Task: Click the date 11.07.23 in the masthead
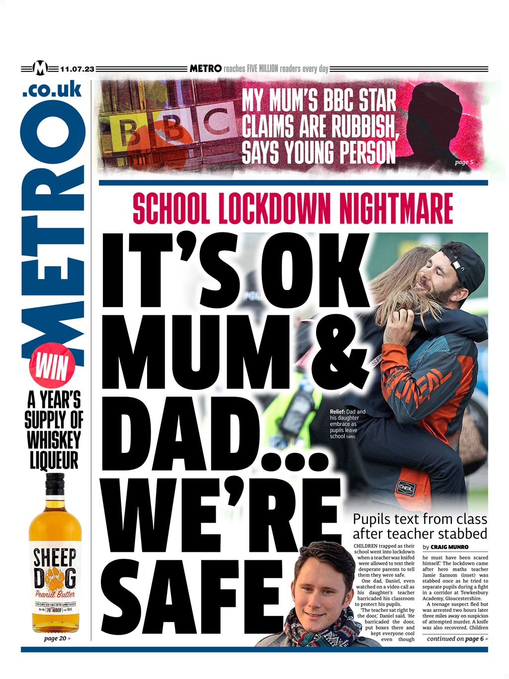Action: point(77,69)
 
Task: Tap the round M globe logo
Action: point(40,68)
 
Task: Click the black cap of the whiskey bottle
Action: point(55,485)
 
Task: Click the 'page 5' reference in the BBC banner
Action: point(465,162)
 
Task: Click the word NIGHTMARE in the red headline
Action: point(396,209)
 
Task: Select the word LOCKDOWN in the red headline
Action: point(274,209)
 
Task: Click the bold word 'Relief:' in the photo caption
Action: point(337,412)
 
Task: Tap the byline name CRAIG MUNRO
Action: point(449,547)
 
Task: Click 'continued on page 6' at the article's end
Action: point(456,639)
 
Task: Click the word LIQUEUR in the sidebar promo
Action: point(54,460)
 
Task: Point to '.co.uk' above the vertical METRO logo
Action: point(52,89)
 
